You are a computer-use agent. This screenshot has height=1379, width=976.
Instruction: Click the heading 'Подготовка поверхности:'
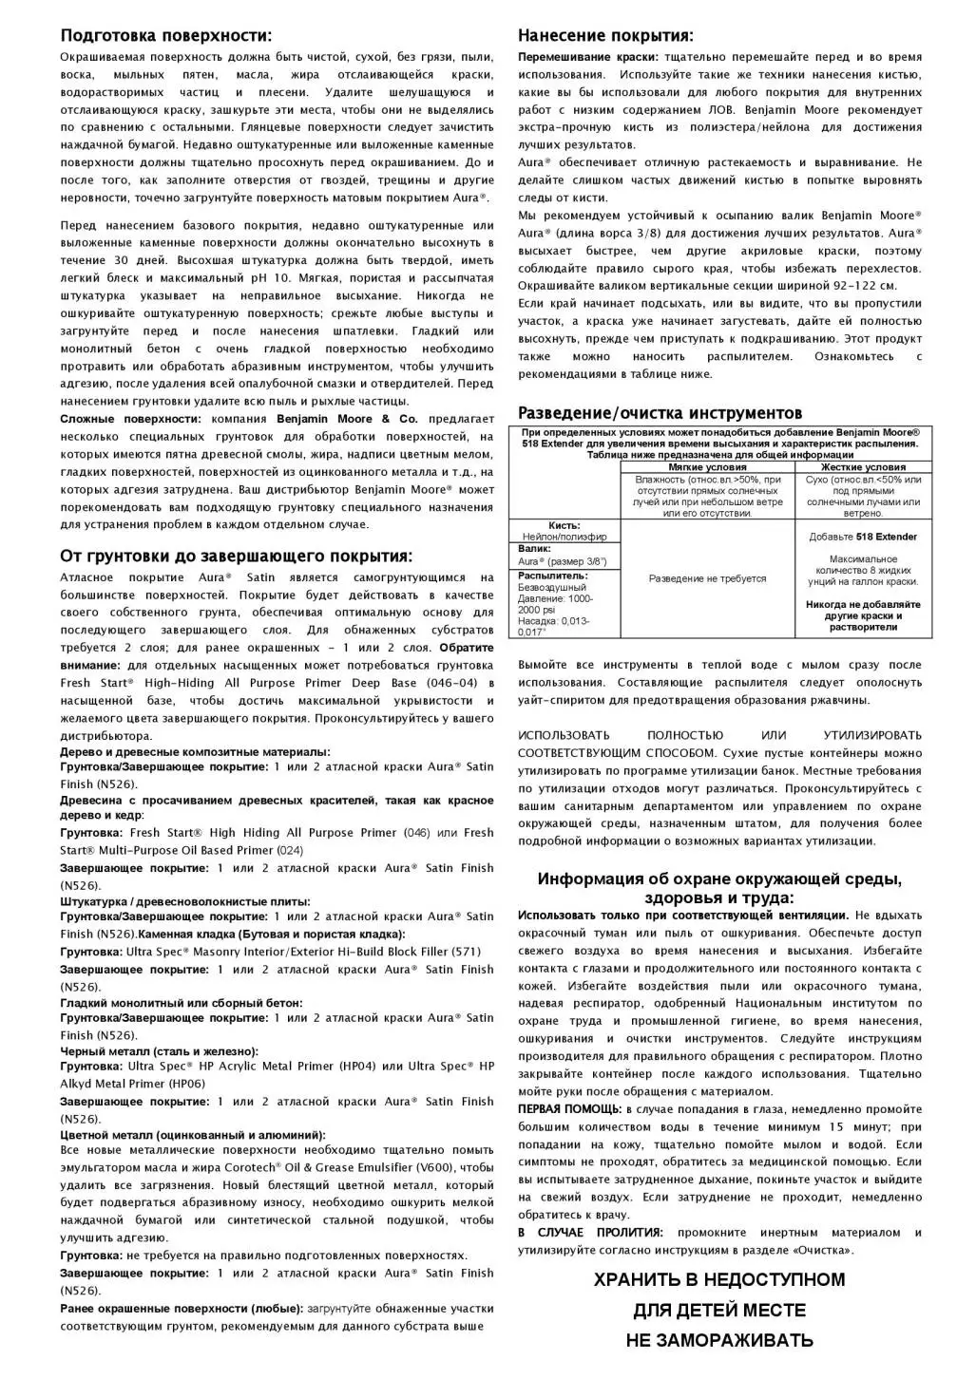[166, 36]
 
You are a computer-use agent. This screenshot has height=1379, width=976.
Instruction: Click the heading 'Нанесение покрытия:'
[605, 36]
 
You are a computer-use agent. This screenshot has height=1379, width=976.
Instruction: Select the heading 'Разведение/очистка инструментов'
[660, 413]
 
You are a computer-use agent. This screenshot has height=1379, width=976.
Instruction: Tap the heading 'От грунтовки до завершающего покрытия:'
[237, 556]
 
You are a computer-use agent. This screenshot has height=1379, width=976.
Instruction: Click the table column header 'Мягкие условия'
[707, 467]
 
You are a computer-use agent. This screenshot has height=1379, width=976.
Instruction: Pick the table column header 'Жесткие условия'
[864, 467]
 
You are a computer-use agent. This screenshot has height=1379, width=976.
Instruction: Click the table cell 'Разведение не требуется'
[707, 578]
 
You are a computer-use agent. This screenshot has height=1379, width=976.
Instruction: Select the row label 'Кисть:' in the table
[565, 525]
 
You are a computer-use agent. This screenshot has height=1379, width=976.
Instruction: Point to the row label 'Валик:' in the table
[535, 549]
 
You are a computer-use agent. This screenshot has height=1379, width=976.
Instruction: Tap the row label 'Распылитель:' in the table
[553, 576]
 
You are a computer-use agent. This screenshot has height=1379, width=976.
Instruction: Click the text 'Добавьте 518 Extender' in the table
[864, 537]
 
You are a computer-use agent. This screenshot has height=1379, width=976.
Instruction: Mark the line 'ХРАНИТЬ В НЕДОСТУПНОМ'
[719, 1280]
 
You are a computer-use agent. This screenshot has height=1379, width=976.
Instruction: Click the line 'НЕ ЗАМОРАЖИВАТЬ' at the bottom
[719, 1341]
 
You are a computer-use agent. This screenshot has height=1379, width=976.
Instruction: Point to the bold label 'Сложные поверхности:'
[130, 419]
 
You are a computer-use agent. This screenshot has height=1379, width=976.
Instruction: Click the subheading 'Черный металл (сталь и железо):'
[159, 1051]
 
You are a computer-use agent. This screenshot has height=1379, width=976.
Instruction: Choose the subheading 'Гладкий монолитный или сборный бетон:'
[182, 1002]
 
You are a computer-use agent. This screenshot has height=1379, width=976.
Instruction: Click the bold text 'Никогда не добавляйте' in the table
[864, 604]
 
